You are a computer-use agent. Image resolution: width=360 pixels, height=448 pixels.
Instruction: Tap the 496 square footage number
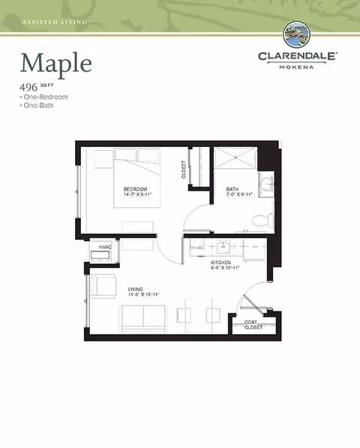click(29, 86)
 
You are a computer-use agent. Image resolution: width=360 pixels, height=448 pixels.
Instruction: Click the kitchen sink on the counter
click(223, 245)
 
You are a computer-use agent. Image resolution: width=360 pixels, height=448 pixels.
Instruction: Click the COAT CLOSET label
click(253, 325)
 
